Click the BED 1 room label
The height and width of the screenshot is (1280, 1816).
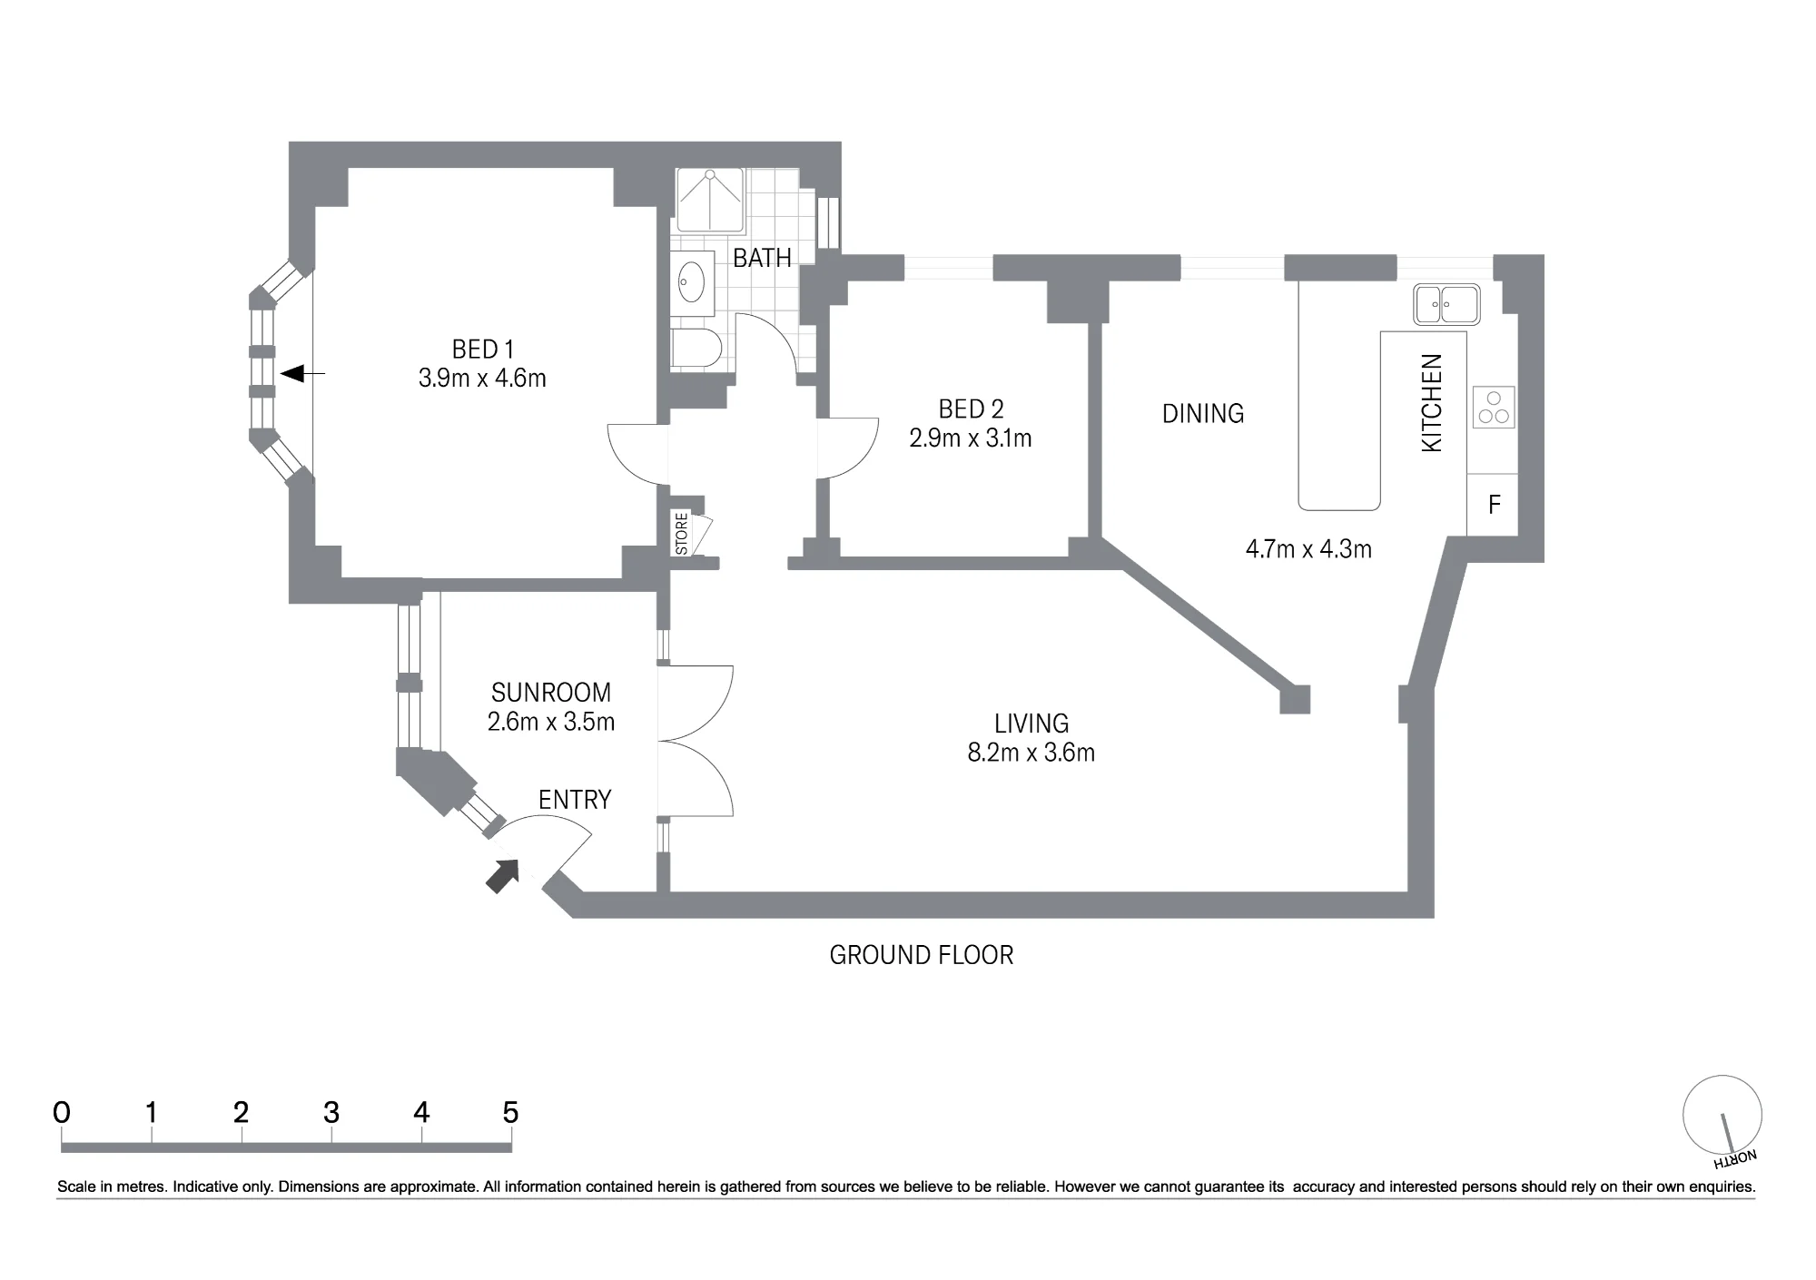coord(483,349)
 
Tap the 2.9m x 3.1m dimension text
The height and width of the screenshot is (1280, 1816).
coord(971,438)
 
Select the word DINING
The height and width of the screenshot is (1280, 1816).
coord(1203,414)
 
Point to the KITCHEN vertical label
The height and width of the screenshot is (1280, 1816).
coord(1431,403)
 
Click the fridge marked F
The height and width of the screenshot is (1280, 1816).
coord(1493,505)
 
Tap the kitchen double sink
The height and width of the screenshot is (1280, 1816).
coord(1446,304)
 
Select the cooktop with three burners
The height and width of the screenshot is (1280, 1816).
coord(1493,408)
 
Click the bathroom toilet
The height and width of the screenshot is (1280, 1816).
coord(696,348)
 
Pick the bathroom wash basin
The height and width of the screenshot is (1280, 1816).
coord(692,282)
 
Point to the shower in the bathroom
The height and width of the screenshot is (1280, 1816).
coord(710,200)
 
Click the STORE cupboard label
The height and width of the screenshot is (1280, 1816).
coord(682,535)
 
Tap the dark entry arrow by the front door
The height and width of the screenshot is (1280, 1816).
coord(503,876)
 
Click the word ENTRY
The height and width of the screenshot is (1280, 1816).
coord(575,800)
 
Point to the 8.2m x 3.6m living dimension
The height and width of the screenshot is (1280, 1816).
coord(1031,753)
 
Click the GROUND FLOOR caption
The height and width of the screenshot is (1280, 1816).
coord(922,955)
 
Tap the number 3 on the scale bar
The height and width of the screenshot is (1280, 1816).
coord(331,1112)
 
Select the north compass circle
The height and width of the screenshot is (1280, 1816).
coord(1722,1116)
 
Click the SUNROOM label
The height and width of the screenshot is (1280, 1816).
coord(551,693)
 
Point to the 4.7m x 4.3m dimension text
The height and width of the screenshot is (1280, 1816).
coord(1308,549)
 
